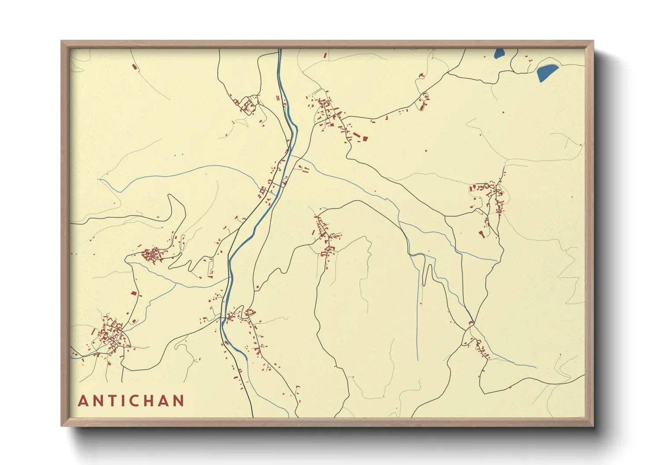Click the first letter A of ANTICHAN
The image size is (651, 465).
coord(83,401)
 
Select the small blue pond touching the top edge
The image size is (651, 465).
coord(499,53)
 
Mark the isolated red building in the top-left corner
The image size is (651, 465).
coord(135,67)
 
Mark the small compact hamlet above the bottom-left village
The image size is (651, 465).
coord(152,255)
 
